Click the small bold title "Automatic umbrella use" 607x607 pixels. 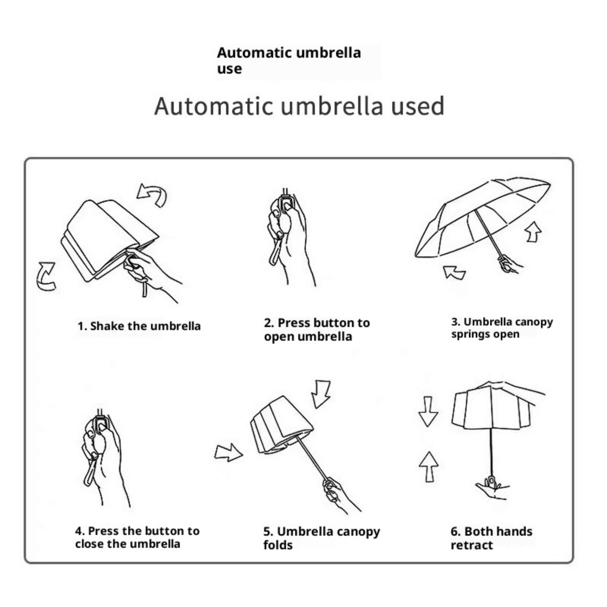pos(289,60)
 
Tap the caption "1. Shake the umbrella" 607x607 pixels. pos(139,326)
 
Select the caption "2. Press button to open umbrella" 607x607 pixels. pos(317,330)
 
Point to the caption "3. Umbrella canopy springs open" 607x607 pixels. pos(502,328)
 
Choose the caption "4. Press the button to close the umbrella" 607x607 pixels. pos(137,537)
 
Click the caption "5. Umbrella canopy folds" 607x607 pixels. pos(321,538)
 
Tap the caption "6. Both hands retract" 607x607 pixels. pos(491,538)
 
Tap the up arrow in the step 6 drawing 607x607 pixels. pos(429,467)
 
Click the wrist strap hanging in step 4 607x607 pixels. pos(90,470)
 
